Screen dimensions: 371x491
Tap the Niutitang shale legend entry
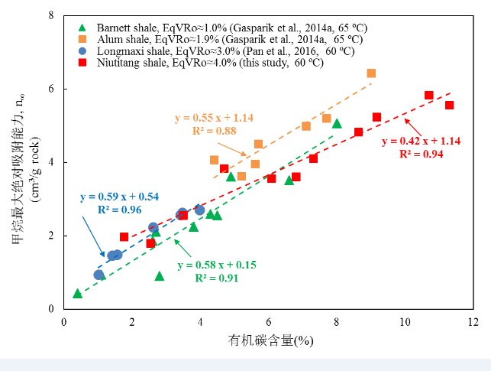192,62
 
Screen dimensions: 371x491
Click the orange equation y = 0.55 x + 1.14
214,118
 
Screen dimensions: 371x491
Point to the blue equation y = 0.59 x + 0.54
119,197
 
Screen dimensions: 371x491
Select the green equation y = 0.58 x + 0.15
217,265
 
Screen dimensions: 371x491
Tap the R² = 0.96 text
120,208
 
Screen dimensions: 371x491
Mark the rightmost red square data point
449,105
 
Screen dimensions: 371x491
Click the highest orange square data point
371,73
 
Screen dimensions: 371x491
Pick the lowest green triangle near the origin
77,293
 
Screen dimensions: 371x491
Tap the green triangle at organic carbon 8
337,123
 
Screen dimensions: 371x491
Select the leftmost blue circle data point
99,275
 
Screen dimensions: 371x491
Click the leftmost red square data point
124,237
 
